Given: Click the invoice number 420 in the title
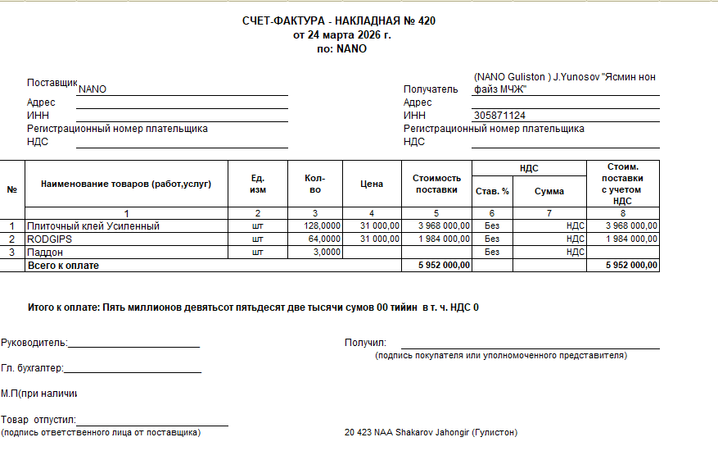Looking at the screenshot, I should pos(427,21).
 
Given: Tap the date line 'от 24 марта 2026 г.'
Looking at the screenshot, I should pos(342,35).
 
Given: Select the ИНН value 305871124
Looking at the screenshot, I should pos(500,116).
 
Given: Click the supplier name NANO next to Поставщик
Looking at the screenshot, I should pos(93,89).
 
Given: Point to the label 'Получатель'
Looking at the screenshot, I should pos(431,89).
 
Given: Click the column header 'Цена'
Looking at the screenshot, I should pos(372,184).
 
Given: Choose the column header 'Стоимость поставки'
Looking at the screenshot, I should pos(436,184).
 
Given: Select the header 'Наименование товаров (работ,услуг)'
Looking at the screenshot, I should pos(126,184).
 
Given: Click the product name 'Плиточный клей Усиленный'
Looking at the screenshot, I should pos(93,226).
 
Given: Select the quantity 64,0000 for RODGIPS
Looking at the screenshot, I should pos(324,239).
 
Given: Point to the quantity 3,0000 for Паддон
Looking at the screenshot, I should pos(327,253).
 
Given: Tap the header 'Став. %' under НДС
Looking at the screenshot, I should pos(492,191).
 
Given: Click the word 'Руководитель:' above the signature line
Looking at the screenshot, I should pos(34,343).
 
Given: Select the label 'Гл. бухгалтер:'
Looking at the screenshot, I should pos(33,369).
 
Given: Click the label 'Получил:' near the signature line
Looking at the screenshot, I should pos(366,343).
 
